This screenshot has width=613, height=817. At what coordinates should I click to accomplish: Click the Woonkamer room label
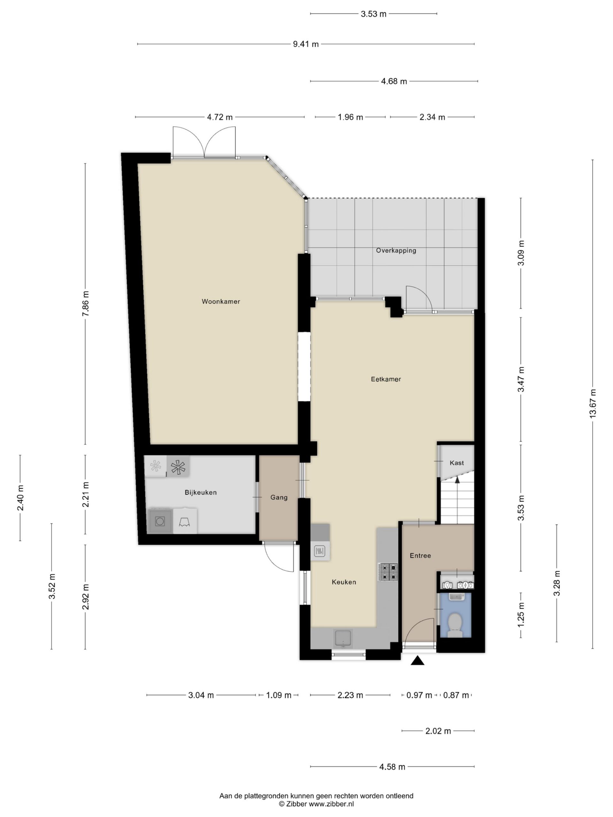[x=221, y=301]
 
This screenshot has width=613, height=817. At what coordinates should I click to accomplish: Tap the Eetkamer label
[x=386, y=379]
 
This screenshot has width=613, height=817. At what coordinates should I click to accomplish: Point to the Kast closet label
[x=457, y=463]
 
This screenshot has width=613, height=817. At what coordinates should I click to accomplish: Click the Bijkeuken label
[x=201, y=492]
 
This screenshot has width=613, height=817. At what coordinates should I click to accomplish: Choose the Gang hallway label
[x=279, y=498]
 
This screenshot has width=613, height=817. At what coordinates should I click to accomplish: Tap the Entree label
[x=420, y=556]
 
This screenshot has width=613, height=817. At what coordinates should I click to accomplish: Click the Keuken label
[x=344, y=582]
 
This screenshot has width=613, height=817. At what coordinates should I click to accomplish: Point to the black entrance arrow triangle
[x=418, y=660]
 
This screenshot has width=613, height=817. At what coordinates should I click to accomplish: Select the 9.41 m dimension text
[x=306, y=44]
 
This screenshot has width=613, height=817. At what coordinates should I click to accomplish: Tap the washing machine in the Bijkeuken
[x=160, y=521]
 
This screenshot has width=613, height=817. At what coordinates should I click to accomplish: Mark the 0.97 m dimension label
[x=419, y=695]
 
